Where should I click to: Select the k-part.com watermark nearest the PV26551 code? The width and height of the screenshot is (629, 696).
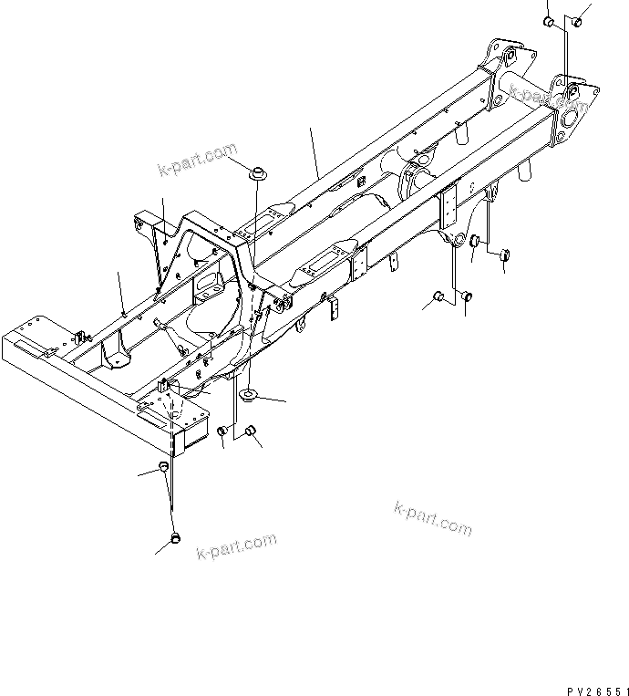(x=433, y=520)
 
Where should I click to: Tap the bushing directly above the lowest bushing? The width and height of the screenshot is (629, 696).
(x=165, y=468)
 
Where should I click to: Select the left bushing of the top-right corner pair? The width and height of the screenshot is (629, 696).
(x=549, y=22)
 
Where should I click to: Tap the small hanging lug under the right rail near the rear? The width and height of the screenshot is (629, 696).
(x=395, y=264)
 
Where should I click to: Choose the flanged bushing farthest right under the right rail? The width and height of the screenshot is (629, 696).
(x=503, y=255)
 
